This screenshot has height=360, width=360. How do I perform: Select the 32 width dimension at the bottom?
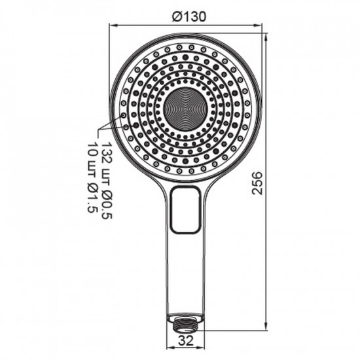(186, 339)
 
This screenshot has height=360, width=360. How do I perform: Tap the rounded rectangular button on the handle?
(186, 209)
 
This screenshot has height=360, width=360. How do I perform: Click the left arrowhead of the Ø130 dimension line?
(112, 26)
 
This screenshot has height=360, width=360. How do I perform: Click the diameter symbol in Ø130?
(176, 18)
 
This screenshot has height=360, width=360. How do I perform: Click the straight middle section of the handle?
(186, 268)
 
